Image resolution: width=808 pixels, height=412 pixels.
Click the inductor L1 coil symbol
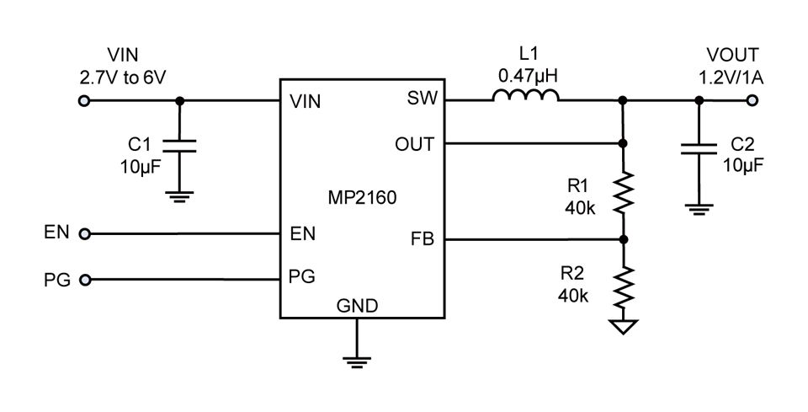tap(525, 95)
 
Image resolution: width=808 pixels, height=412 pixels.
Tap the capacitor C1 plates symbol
tap(179, 146)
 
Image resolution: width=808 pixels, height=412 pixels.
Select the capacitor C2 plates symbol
tap(699, 149)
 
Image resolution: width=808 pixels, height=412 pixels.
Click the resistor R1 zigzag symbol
tap(623, 192)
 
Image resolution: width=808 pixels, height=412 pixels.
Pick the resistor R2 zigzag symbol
tap(623, 286)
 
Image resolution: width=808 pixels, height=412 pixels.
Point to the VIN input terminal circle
tap(84, 100)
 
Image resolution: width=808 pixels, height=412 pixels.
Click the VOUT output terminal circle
tap(752, 100)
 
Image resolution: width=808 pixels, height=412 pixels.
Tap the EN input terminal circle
tap(84, 234)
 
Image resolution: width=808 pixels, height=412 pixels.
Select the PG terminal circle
tap(85, 280)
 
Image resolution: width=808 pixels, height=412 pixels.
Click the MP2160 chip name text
tap(362, 197)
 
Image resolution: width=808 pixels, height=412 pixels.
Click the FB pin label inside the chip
tap(423, 239)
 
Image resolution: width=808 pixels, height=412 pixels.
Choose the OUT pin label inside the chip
tap(415, 144)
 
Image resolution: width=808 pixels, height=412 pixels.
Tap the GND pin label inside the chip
tap(357, 306)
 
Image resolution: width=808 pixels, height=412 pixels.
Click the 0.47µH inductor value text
tap(529, 77)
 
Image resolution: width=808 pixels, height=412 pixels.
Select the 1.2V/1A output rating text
tap(731, 78)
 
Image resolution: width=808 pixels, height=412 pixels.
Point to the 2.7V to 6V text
tap(123, 78)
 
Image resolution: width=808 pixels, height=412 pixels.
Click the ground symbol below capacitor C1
tap(179, 196)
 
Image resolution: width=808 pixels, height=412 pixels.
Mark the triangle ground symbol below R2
tap(623, 326)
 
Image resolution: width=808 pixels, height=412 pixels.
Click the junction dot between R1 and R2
tap(624, 239)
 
